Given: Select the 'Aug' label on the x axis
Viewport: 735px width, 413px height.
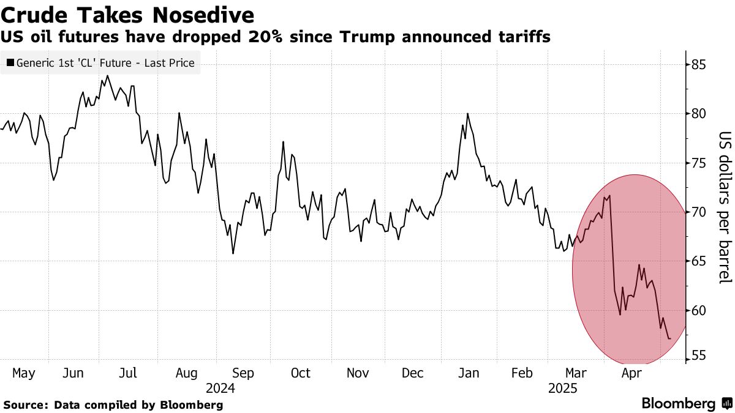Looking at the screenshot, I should (186, 373).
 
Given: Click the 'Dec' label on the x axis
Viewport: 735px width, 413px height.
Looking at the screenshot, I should (412, 373).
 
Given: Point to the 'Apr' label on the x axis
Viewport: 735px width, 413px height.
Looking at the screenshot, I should (631, 373).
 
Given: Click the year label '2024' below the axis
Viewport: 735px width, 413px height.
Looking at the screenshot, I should (221, 388).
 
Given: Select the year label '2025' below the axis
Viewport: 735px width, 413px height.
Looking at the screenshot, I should (563, 388).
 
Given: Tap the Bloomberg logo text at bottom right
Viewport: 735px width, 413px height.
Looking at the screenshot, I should (678, 404).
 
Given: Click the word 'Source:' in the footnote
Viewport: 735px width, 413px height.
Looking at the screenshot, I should (26, 405).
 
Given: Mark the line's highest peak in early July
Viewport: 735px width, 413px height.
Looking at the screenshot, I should (107, 76).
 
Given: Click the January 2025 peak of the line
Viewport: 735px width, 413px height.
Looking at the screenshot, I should (467, 114).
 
